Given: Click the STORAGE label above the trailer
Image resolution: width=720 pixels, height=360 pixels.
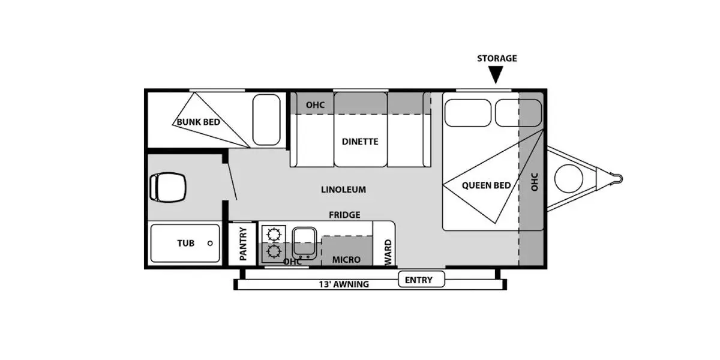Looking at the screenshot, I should tap(496, 58).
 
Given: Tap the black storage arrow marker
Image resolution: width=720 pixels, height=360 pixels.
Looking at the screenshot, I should tap(496, 74).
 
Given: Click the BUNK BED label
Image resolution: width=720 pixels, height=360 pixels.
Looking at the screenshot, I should tap(197, 122).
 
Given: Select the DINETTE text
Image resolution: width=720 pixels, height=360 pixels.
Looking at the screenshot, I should tap(360, 142).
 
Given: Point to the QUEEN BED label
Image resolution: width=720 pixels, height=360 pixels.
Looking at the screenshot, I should tap(486, 185).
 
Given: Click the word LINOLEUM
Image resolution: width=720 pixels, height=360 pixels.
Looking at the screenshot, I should tap(343, 190).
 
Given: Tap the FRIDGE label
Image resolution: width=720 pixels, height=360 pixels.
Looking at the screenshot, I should tap(344, 214).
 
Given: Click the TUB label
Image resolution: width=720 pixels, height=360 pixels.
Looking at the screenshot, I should tap(185, 244).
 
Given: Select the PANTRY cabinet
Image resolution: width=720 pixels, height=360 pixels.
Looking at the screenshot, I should tap(244, 243).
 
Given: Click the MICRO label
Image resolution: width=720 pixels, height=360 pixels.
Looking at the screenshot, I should tap(346, 260).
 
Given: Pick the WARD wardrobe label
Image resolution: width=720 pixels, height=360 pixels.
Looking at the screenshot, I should tap(388, 252).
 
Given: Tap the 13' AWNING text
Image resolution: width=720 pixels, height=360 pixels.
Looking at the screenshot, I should tap(344, 284).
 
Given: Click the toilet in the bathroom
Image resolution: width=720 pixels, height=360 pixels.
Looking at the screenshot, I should tap(166, 186).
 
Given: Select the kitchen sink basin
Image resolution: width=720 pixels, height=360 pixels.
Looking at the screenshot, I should tap(304, 242).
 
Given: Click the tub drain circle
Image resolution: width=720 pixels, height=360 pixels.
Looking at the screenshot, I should tap(210, 244).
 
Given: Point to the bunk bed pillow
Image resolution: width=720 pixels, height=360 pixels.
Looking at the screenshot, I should tap(266, 119).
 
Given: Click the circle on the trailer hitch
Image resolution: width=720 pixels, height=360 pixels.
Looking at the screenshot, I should tap(568, 179).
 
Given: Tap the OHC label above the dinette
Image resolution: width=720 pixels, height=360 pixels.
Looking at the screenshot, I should tap(315, 105).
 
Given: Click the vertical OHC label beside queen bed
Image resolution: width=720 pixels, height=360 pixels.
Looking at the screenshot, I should tap(535, 182).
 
